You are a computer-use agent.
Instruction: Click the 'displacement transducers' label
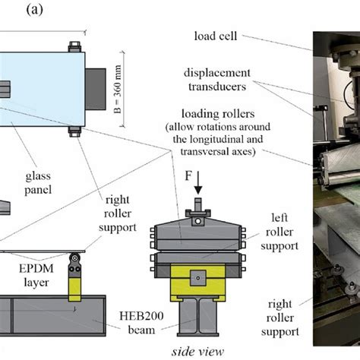219,80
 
